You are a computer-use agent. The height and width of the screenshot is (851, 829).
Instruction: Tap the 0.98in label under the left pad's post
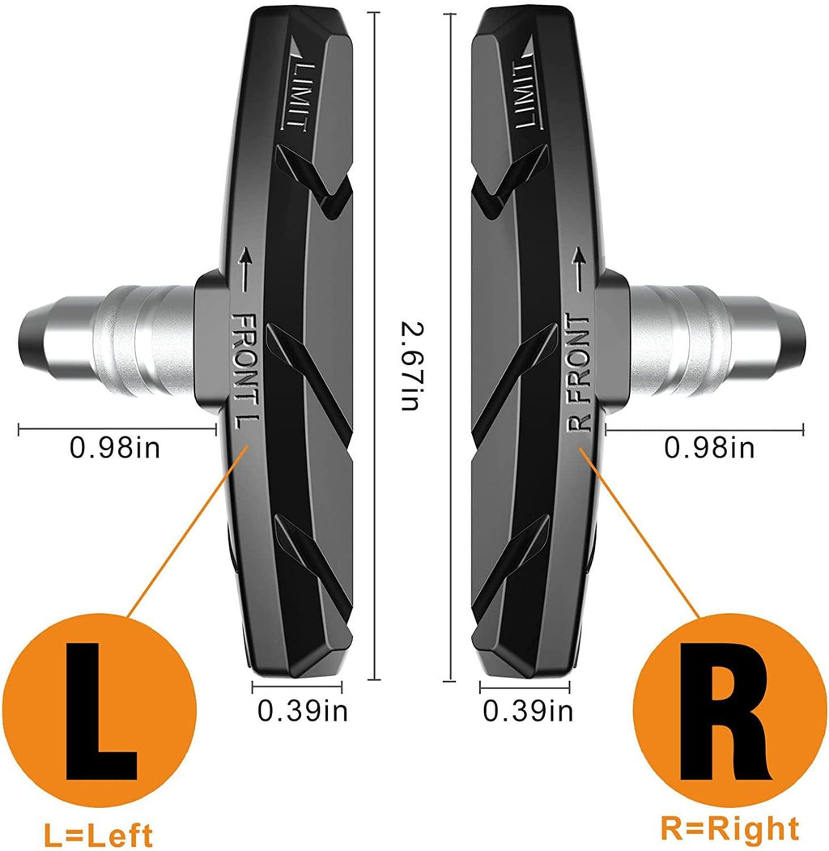[115, 447]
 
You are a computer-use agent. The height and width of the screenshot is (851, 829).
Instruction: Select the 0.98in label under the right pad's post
[709, 446]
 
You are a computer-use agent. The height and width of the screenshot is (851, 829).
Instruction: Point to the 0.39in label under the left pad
[303, 710]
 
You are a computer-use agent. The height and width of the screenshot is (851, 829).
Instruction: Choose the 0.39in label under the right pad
[528, 710]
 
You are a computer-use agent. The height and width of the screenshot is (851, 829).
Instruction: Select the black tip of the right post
[797, 331]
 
